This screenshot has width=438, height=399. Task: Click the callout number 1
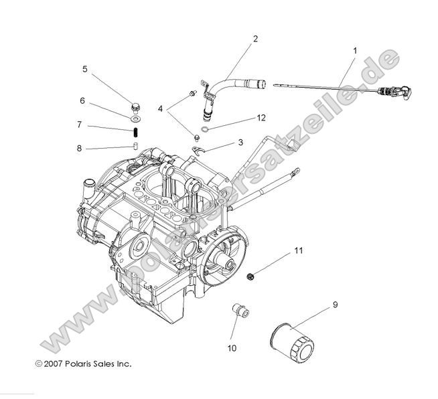pos(354,51)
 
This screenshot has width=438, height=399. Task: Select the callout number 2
pos(255,39)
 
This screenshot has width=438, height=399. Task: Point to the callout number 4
pos(160,108)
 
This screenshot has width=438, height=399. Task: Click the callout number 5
pos(84,68)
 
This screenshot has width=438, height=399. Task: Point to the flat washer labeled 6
pos(135,118)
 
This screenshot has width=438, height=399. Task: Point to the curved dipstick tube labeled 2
pos(234,86)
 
